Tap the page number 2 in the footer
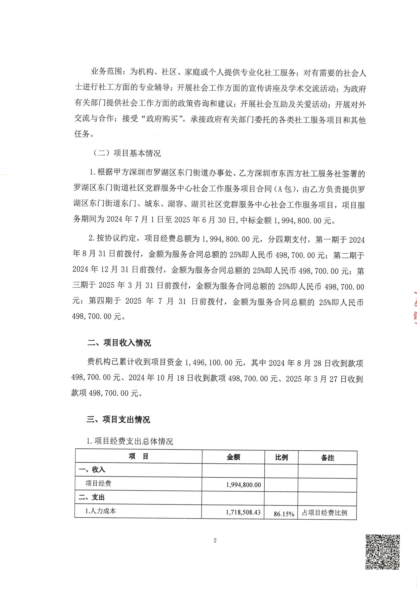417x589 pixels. pos(215,541)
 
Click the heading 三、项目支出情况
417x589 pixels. pos(118,419)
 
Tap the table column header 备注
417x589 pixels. pos(327,458)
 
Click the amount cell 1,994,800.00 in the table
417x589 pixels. pos(243,485)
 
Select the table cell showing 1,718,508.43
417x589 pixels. pos(243,512)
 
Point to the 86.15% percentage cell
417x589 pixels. pos(284,514)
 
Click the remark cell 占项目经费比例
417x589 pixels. pos(324,513)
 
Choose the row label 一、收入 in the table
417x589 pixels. pos(92,469)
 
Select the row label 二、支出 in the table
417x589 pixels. pos(92,497)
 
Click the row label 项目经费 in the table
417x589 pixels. pos(98,483)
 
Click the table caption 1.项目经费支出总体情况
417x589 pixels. pos(130,441)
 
